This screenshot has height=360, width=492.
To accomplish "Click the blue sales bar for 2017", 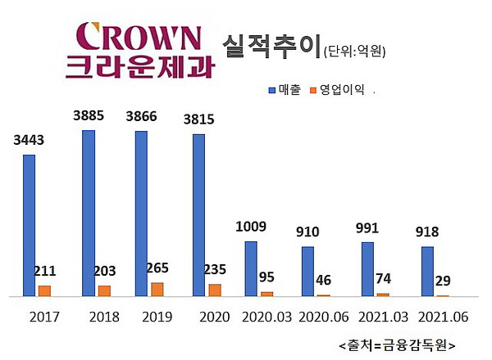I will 30,225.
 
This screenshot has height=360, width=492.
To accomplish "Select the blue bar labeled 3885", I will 89,213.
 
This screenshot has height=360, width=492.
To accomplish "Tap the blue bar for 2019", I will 141,213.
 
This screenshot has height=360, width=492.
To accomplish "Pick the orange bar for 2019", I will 157,289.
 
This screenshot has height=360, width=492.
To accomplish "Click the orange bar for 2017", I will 44,290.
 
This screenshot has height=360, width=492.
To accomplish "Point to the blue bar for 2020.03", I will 251,268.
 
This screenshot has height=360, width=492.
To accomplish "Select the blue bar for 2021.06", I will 427,271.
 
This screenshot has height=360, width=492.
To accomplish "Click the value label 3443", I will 29,140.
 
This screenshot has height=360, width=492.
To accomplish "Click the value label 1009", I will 251,227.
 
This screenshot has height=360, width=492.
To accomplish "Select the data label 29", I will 443,281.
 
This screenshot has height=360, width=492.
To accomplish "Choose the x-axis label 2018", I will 104,317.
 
